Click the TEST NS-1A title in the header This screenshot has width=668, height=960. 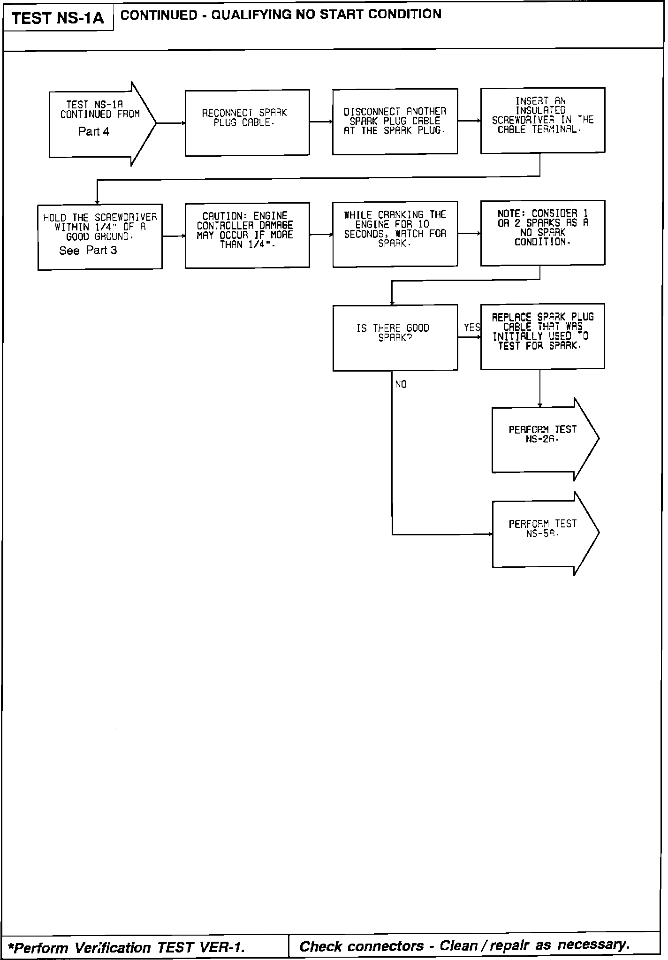tap(57, 19)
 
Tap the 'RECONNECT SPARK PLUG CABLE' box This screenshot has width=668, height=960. tap(247, 122)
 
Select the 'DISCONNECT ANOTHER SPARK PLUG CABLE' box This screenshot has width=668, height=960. tap(395, 122)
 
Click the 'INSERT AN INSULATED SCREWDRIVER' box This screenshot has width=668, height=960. tap(542, 120)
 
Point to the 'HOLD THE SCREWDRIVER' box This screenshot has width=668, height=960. tap(100, 236)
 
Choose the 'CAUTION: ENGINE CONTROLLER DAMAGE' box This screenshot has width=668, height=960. tap(247, 235)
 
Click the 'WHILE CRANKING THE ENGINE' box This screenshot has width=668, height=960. tap(395, 234)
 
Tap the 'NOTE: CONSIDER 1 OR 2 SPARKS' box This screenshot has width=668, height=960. tap(542, 233)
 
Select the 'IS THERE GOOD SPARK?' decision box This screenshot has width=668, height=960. tap(395, 337)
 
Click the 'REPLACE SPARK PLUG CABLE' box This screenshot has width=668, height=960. tap(542, 336)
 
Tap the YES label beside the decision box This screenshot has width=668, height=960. tap(471, 328)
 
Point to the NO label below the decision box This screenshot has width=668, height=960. tap(401, 385)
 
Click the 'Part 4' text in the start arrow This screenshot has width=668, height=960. tap(94, 132)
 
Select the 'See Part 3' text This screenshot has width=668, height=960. tap(88, 251)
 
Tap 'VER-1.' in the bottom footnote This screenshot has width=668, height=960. tap(222, 948)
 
